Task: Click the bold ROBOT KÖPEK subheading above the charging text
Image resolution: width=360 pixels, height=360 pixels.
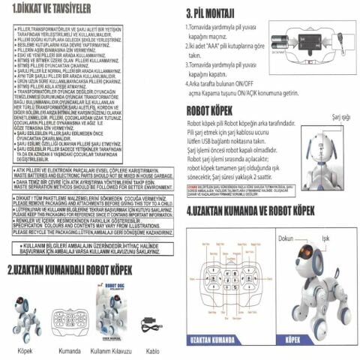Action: (x=214, y=110)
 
